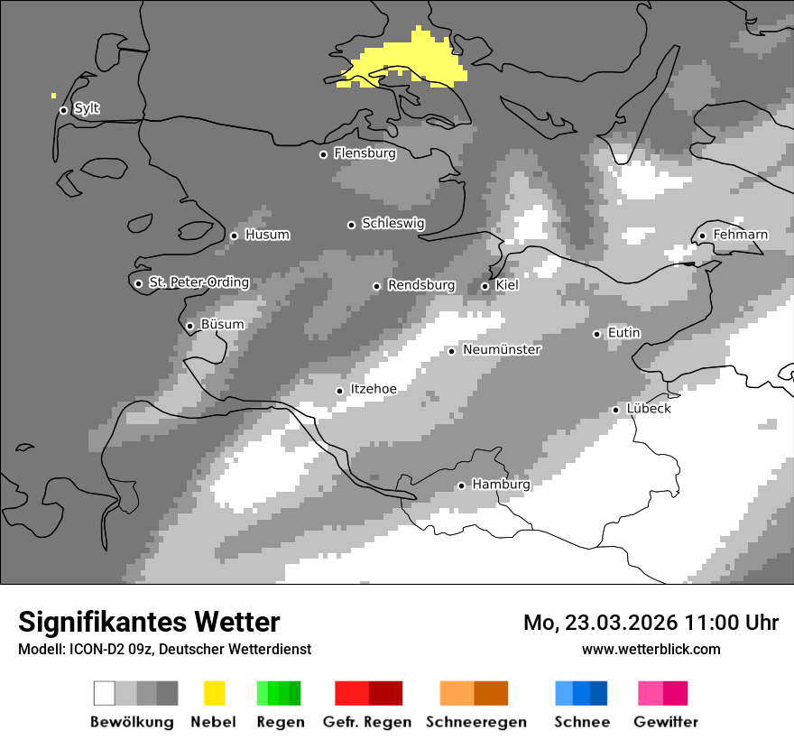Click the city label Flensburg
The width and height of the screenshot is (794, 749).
(x=365, y=153)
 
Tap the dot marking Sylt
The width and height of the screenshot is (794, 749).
(x=63, y=110)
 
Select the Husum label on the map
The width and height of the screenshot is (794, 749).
(x=267, y=235)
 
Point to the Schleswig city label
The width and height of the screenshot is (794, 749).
(x=392, y=223)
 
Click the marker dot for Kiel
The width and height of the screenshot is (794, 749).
(x=485, y=286)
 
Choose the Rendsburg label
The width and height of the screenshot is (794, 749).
(x=420, y=285)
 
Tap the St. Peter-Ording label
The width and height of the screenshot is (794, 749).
(x=198, y=282)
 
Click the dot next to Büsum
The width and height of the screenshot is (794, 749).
(x=189, y=326)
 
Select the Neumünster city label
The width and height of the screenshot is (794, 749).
(x=502, y=349)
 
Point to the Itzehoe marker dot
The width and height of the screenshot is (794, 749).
(x=339, y=391)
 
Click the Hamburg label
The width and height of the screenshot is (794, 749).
(x=501, y=485)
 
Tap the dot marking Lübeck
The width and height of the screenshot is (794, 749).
(x=615, y=410)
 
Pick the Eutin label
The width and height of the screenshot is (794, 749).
(x=623, y=333)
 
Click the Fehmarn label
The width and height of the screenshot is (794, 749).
(x=740, y=235)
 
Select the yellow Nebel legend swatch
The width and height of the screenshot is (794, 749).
(x=214, y=693)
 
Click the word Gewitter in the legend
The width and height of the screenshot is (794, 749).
(x=666, y=722)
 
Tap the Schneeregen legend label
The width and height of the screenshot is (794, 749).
(x=475, y=722)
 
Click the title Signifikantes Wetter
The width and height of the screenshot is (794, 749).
(x=149, y=622)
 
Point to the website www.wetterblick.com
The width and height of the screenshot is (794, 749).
(x=651, y=649)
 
